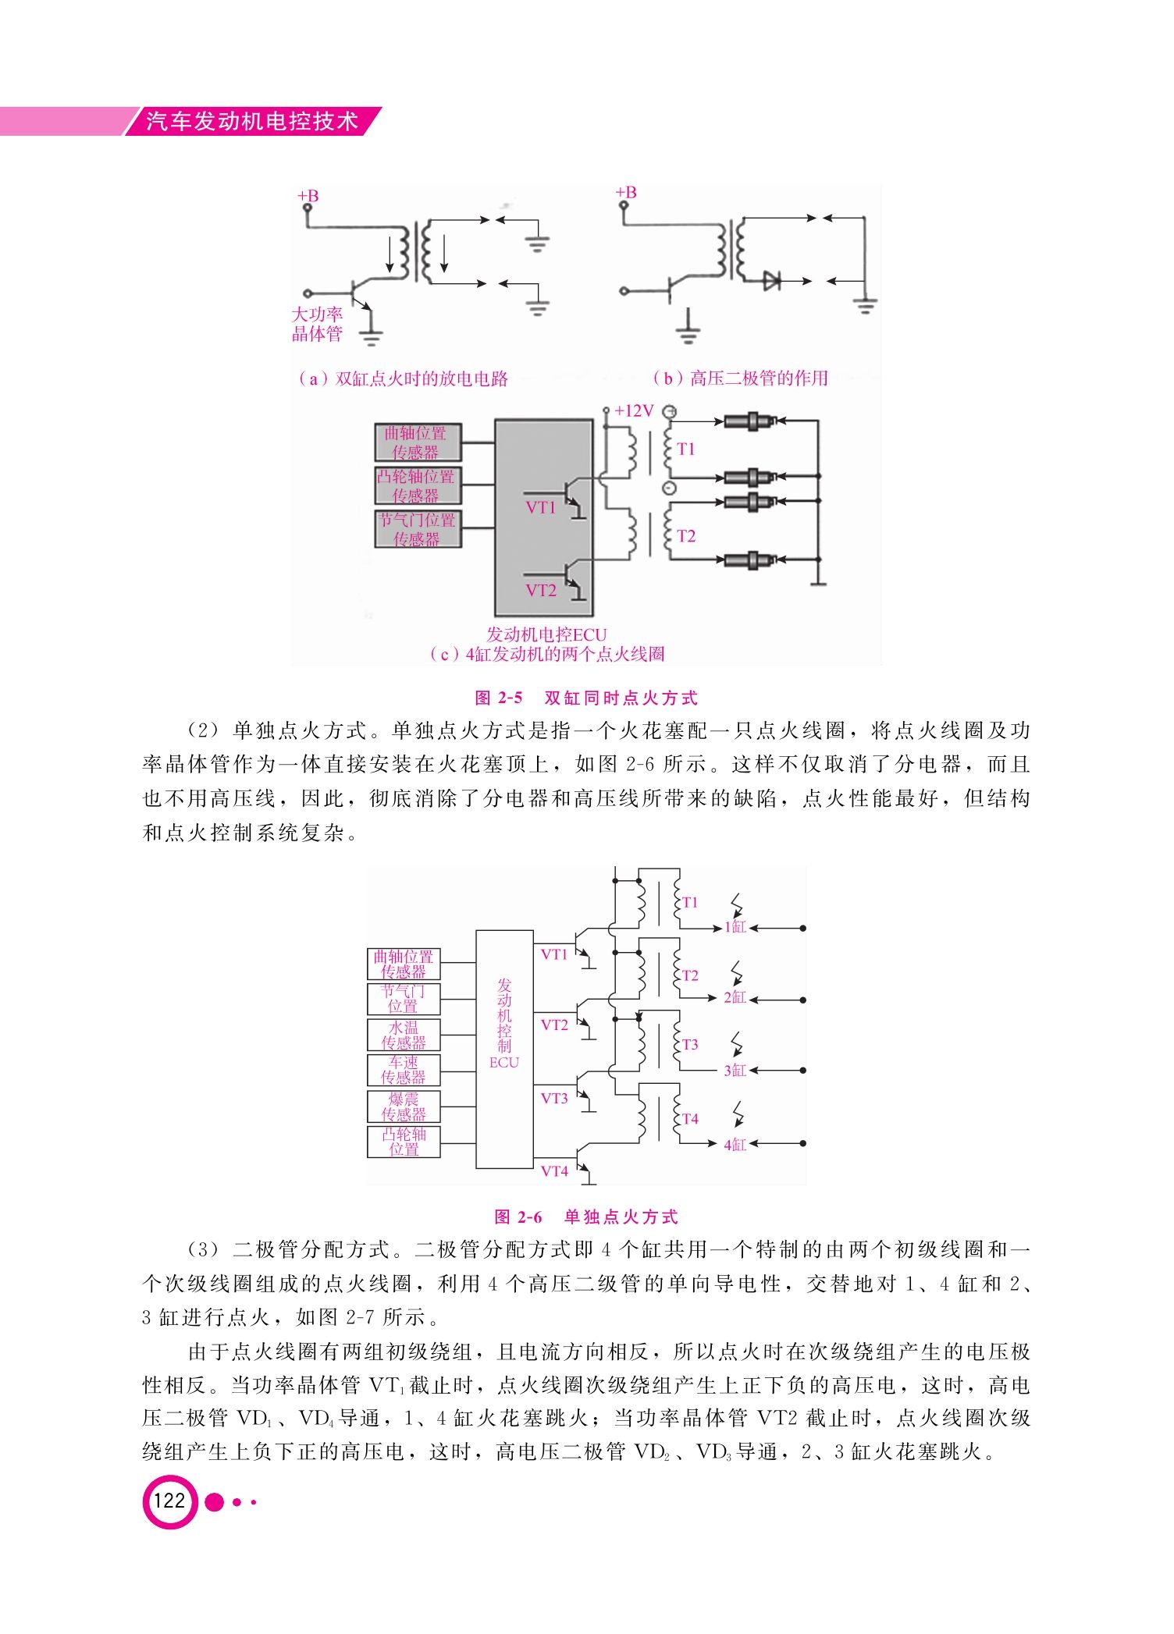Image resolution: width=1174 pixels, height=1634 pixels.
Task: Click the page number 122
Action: tap(169, 1501)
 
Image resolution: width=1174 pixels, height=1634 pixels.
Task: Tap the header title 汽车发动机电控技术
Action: tap(253, 121)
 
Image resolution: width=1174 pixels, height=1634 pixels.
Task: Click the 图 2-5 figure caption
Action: tap(586, 698)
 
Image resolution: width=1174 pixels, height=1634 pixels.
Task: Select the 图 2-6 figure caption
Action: tap(586, 1217)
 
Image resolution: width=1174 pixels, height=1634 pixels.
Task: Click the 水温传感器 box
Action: tap(404, 1035)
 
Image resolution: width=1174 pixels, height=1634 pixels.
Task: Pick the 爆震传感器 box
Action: tap(404, 1107)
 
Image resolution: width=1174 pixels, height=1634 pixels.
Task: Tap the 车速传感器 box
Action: tap(404, 1070)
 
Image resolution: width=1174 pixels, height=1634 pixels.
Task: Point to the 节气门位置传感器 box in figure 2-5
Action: tap(418, 529)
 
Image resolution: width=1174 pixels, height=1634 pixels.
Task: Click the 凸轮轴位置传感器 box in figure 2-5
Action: tap(418, 485)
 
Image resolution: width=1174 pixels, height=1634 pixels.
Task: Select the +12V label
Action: tap(633, 411)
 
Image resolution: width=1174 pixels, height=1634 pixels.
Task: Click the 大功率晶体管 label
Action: tap(317, 324)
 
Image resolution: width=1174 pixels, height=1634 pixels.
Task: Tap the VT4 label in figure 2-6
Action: tap(554, 1171)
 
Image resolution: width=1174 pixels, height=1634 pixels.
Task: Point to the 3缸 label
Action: tap(735, 1071)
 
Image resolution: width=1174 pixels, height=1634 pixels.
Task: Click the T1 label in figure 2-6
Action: tap(690, 902)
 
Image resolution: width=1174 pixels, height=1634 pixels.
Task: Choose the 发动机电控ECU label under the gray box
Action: tap(546, 634)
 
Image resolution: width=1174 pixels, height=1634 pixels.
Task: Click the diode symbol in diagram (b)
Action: tap(772, 280)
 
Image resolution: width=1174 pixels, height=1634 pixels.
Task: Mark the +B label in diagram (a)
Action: tap(308, 196)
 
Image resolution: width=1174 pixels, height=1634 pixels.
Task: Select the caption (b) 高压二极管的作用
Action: tap(740, 378)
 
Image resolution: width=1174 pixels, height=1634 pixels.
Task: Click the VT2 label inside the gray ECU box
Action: tap(541, 590)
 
